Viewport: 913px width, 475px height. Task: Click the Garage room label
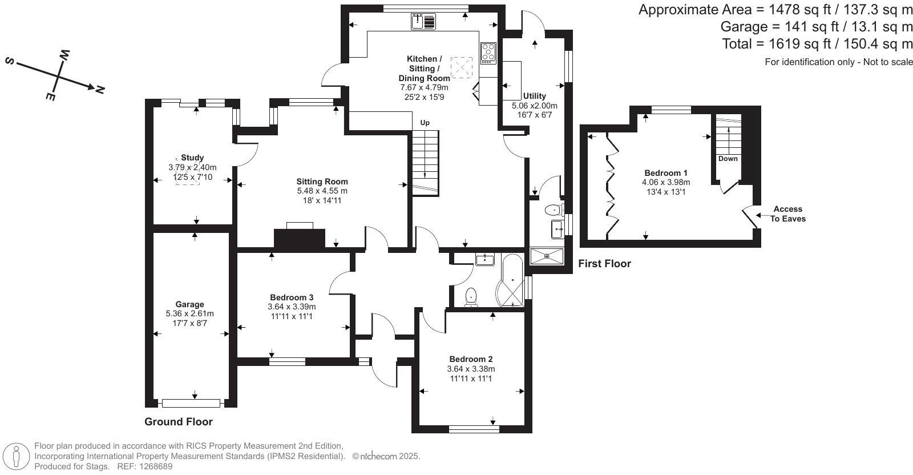[x=189, y=304]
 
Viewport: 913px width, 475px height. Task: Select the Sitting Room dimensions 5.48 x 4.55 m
[x=322, y=191]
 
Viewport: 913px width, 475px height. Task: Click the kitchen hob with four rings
[x=488, y=53]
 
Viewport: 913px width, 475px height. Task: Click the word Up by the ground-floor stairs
[x=425, y=123]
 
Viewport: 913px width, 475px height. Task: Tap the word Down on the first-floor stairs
[x=728, y=159]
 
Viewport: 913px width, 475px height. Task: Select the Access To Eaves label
[x=787, y=214]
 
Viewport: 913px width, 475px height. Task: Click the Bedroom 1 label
[x=666, y=173]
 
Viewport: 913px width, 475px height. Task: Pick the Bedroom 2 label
[x=471, y=359]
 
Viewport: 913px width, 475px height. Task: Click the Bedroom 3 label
[x=292, y=297]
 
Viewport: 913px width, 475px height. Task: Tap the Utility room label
[x=535, y=96]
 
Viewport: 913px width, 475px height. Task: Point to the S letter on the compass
[x=10, y=61]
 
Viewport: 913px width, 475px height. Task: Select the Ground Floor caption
[x=178, y=422]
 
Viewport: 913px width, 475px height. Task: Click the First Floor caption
[x=604, y=264]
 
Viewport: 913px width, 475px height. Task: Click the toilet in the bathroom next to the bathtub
[x=471, y=296]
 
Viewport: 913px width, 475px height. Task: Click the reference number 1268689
[x=152, y=466]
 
